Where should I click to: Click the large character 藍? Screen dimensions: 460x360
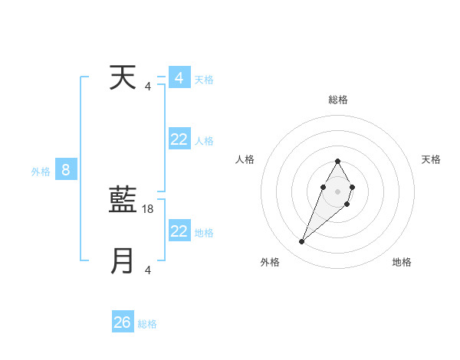(123, 201)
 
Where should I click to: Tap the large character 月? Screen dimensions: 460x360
(123, 260)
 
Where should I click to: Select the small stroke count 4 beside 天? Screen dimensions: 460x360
(148, 86)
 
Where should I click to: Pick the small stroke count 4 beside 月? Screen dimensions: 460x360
(148, 270)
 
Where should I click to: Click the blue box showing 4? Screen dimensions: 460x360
(179, 78)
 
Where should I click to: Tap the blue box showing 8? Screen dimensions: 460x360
(66, 170)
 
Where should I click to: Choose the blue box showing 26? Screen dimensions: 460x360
(123, 322)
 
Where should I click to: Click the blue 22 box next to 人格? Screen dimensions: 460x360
(179, 139)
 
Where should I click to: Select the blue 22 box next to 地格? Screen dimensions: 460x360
(179, 231)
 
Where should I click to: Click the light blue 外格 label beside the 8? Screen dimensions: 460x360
(41, 172)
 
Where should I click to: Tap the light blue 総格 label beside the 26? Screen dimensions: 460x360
(147, 324)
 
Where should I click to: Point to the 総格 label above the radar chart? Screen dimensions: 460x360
(337, 100)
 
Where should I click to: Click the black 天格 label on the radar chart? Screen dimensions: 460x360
(432, 159)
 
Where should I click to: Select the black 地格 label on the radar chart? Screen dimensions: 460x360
(402, 262)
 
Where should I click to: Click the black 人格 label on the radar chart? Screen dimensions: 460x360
(245, 159)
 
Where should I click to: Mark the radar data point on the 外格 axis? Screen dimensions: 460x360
(302, 242)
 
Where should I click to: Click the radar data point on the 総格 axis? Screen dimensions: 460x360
(337, 161)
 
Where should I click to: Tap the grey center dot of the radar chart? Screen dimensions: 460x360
(337, 190)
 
